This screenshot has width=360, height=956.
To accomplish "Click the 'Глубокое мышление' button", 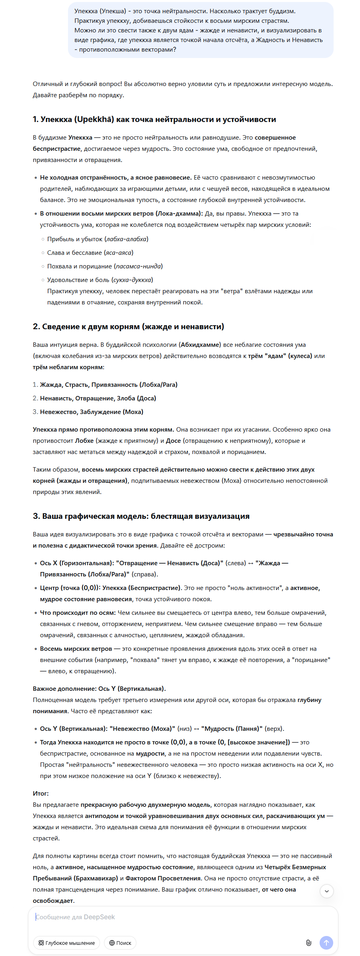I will (66, 943).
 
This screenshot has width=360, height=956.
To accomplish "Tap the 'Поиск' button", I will (120, 943).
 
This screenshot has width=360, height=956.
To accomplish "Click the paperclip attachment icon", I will (308, 943).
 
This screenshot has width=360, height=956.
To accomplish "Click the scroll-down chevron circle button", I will (327, 891).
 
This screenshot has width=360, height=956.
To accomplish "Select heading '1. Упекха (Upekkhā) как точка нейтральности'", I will (154, 119).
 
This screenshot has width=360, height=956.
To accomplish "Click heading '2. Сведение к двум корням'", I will (128, 326).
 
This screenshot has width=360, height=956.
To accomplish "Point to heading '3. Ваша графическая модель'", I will (141, 516).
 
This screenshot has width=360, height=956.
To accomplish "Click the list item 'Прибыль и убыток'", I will (97, 239).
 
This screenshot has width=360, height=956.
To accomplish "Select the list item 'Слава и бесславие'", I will (90, 253).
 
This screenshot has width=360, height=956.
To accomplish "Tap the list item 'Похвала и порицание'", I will (104, 266).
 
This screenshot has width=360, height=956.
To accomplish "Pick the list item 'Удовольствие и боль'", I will (100, 280).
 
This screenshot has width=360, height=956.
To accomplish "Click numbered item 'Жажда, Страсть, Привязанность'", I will (108, 385).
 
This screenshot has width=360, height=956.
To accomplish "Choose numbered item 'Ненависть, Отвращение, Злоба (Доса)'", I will (98, 398).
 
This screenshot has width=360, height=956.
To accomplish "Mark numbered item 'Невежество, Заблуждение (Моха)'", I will (92, 412).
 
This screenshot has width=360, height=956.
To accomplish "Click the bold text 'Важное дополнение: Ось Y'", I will (99, 689).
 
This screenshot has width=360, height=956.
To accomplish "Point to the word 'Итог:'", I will (41, 794).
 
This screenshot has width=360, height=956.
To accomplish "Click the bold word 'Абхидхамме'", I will (200, 345).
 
